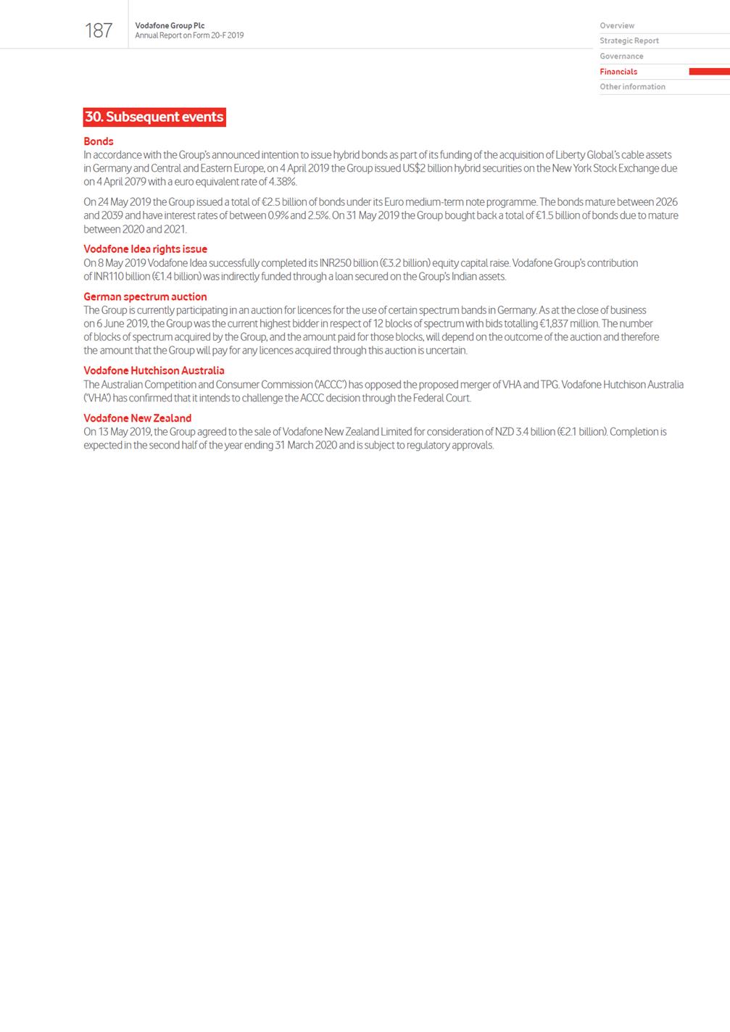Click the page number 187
point(99,30)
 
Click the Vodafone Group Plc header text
point(170,25)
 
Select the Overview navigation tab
point(617,25)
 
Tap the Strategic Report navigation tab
point(629,41)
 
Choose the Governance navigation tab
point(621,56)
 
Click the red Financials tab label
point(618,72)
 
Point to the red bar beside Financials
point(708,72)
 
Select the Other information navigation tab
point(632,87)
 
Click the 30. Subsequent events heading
point(154,117)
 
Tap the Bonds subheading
point(99,141)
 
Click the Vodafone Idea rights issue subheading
point(145,249)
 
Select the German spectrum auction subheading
point(145,296)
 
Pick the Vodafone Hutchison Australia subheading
point(154,370)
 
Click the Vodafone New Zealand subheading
point(137,418)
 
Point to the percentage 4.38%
point(282,182)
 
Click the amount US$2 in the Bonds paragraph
point(414,168)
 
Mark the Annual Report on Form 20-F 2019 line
point(189,36)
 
